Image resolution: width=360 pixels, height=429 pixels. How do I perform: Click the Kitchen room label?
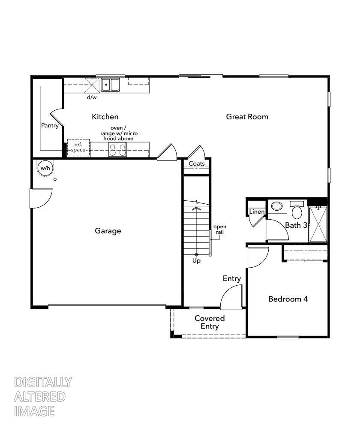pos(105,117)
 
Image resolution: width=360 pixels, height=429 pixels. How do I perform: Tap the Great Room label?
pos(247,117)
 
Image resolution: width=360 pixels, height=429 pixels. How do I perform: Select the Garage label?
pos(108,231)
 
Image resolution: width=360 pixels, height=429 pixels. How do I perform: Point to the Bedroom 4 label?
pos(288,299)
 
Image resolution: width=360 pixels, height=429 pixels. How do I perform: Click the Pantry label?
pos(50,126)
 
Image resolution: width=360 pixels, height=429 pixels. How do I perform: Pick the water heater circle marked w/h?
pos(45,168)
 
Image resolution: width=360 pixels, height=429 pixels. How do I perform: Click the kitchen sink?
pos(111,85)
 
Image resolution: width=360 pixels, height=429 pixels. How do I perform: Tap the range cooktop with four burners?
pos(117,150)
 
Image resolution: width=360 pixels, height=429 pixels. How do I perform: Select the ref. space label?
pos(78,147)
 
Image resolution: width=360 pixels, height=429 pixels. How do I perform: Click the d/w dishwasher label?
pos(92,97)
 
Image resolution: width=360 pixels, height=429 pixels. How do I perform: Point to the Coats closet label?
pos(197,164)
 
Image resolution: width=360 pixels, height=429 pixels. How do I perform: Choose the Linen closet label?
pos(257,212)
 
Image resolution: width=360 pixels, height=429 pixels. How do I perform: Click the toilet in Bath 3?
pos(297,211)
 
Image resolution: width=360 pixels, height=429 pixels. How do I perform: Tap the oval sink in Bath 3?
pos(278,206)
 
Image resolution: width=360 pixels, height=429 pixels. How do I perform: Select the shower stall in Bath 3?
pos(318,224)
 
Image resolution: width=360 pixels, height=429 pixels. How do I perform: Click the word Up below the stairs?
pos(196,260)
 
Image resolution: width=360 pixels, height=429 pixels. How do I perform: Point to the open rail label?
pos(220,229)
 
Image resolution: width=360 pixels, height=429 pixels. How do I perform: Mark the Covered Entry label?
pos(210,322)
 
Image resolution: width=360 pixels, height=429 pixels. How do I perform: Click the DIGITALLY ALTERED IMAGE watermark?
pos(42,397)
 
